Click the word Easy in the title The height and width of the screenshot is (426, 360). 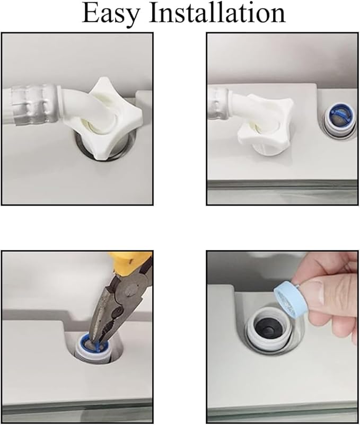pyautogui.click(x=111, y=14)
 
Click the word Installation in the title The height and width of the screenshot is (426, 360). pyautogui.click(x=217, y=13)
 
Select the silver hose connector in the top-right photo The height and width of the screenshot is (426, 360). pyautogui.click(x=219, y=102)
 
